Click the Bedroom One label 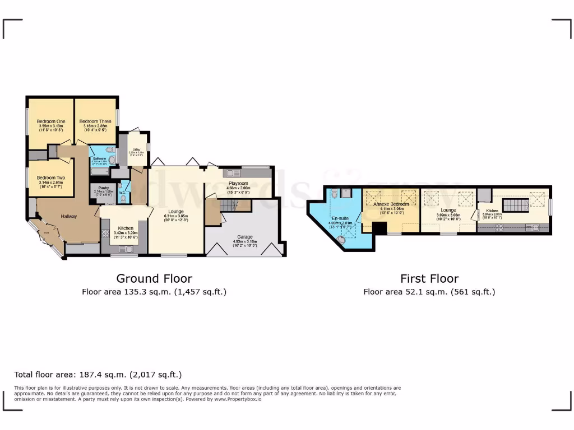(51, 121)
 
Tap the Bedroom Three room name (95, 121)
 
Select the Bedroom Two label (51, 178)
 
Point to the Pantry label (103, 188)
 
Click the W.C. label (122, 194)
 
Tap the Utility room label (136, 149)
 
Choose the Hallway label (69, 217)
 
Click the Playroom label (238, 184)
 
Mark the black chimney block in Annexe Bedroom (379, 228)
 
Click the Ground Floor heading (154, 278)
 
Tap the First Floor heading (429, 278)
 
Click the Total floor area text (98, 375)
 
